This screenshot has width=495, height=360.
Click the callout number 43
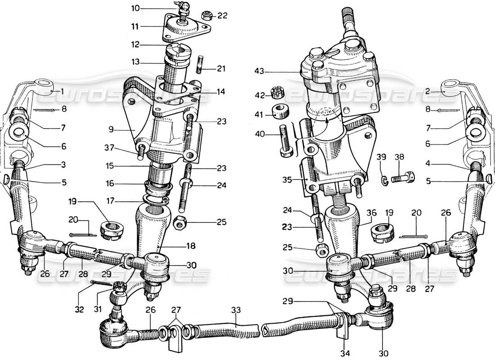pyautogui.click(x=259, y=71)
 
